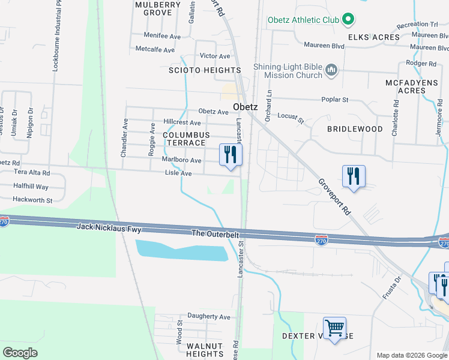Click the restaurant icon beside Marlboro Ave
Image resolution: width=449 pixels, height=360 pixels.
pos(230,155)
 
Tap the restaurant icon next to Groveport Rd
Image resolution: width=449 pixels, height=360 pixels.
pos(354,176)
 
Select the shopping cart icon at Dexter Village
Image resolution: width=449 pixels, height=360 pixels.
pos(334,328)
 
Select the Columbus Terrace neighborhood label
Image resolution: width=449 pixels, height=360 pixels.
pos(187,139)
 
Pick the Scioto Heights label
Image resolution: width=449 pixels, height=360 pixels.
pos(204,70)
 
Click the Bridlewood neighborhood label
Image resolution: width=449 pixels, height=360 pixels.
pos(355,129)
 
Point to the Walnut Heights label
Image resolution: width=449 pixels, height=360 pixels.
pos(205,350)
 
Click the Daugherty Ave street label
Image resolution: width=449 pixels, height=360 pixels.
pos(209,317)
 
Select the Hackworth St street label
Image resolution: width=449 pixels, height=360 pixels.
pos(33,200)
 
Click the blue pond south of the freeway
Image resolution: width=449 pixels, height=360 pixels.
pos(181,250)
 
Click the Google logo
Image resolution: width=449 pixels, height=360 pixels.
pos(20,353)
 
